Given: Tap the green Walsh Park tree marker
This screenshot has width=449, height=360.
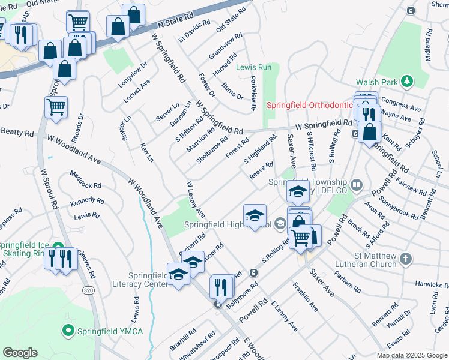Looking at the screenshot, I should pos(407,80).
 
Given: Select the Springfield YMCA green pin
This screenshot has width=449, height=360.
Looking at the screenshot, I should pos(68,330).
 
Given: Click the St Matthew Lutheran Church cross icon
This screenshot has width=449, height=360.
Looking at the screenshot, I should pos(406,259).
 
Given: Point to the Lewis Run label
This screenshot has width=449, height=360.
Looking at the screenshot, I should pos(253,67).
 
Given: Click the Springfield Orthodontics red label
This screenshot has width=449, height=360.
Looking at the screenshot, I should pos(309,105).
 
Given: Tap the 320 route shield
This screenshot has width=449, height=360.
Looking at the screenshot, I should pos(88,290).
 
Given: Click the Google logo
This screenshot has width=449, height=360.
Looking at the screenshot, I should pos(19,353).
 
